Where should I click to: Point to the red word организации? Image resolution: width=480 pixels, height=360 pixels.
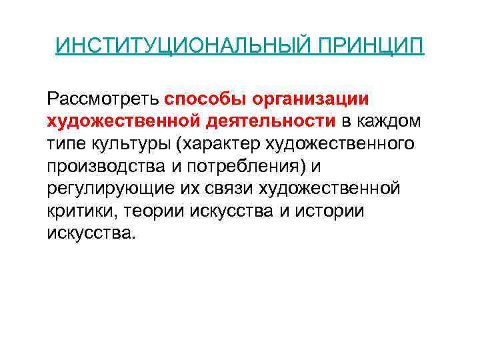(312, 99)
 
